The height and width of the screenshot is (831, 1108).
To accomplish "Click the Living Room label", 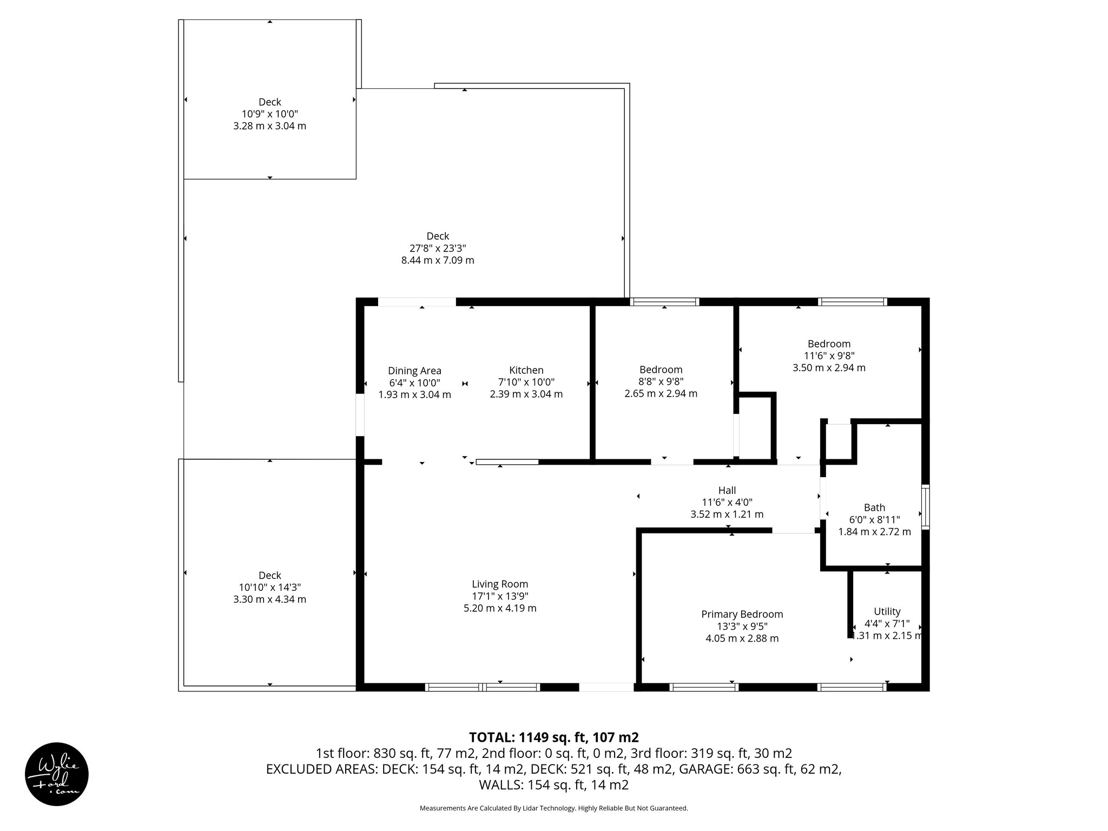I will click(x=499, y=584).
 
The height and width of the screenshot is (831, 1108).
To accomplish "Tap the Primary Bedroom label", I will click(x=742, y=614).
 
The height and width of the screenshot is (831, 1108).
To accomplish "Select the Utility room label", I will click(x=887, y=611).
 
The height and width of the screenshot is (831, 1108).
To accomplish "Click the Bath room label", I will click(x=874, y=507).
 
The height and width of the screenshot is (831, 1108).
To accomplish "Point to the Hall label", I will click(x=727, y=490).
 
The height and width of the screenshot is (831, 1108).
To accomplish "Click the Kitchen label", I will click(x=526, y=370).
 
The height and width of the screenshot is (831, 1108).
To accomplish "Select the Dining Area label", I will click(x=414, y=371).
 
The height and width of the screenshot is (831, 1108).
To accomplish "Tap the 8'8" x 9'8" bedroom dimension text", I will click(x=661, y=382).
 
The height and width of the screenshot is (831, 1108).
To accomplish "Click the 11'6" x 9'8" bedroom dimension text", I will click(x=829, y=356).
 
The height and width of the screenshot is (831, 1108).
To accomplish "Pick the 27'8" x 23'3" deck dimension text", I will click(x=437, y=248).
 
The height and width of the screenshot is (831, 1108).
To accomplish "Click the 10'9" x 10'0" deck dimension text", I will click(x=269, y=114).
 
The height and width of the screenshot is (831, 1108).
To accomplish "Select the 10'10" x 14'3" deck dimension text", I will click(x=269, y=588).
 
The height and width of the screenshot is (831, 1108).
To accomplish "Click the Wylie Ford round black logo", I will click(x=57, y=774).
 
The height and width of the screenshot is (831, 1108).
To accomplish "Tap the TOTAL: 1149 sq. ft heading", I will click(x=553, y=737).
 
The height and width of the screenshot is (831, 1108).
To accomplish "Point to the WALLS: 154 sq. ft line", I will click(x=553, y=785).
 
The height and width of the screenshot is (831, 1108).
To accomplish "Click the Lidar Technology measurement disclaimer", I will click(x=553, y=808).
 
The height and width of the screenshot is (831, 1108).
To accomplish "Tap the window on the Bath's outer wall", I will click(x=926, y=507).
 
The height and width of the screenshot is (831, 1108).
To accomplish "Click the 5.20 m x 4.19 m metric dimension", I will click(x=499, y=608).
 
